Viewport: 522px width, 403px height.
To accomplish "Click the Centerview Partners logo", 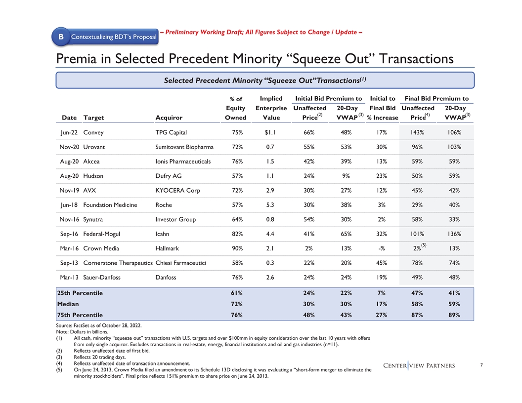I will [x=419, y=365].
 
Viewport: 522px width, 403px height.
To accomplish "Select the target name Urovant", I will [x=94, y=147].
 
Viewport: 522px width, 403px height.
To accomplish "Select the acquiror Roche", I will [x=164, y=204].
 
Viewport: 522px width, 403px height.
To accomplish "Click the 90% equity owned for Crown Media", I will [x=237, y=248].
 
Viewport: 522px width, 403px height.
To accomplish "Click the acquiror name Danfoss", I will [x=166, y=277].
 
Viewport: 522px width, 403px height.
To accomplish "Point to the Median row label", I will [x=68, y=304].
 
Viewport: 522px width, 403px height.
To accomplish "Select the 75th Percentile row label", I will [x=80, y=315].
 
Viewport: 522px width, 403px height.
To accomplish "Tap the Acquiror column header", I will [x=169, y=118].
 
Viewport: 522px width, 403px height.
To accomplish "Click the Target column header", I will [x=94, y=118].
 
